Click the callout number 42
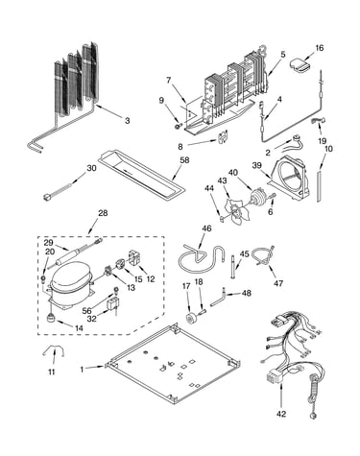[x=281, y=414]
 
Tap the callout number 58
[x=184, y=160]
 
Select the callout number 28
[x=103, y=213]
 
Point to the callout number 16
[x=320, y=48]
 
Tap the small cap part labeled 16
[x=300, y=65]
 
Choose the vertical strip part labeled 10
[x=320, y=186]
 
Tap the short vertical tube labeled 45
[x=232, y=266]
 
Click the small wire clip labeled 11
[x=54, y=351]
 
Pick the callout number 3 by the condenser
[x=128, y=121]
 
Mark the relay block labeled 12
[x=134, y=258]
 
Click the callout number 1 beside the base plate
[x=82, y=370]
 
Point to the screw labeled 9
[x=178, y=127]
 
